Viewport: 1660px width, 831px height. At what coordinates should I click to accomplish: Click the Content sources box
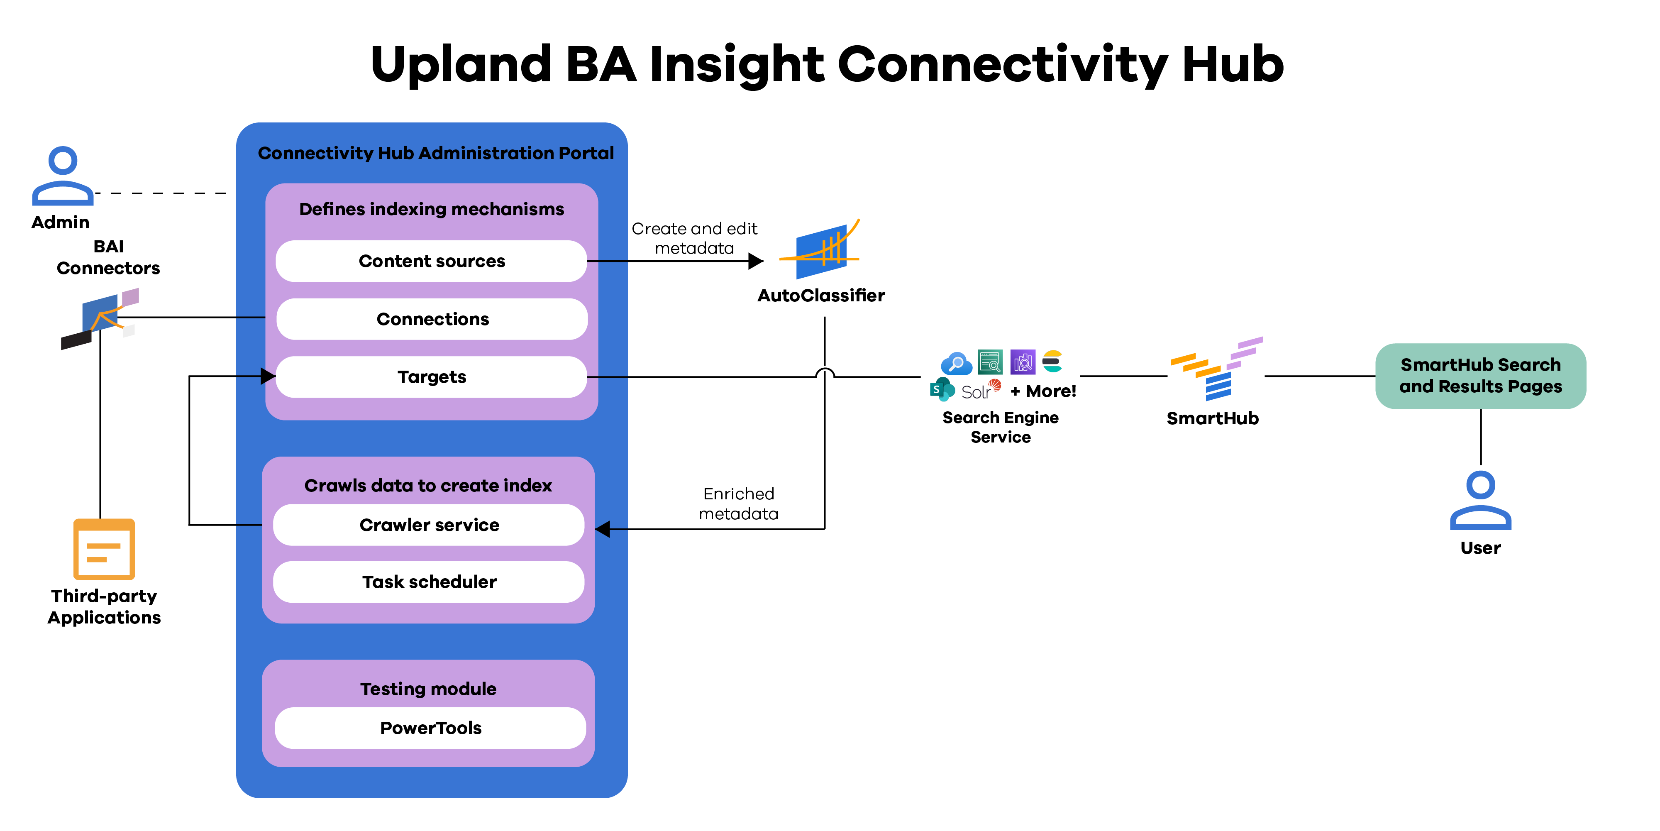431,261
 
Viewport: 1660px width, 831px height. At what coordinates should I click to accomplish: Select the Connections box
432,319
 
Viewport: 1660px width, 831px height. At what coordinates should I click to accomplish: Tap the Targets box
431,377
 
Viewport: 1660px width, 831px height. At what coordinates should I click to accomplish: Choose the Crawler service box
429,525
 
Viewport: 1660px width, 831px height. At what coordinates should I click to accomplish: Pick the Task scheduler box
429,582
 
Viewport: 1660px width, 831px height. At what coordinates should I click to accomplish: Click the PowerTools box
430,728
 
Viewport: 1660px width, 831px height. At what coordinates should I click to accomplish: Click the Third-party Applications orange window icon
104,549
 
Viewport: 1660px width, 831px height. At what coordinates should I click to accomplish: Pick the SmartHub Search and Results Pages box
1480,376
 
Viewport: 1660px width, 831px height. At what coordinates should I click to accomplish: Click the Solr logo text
976,392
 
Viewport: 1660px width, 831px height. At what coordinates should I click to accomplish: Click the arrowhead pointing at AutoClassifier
756,261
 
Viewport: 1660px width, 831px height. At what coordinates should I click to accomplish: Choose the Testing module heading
428,689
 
